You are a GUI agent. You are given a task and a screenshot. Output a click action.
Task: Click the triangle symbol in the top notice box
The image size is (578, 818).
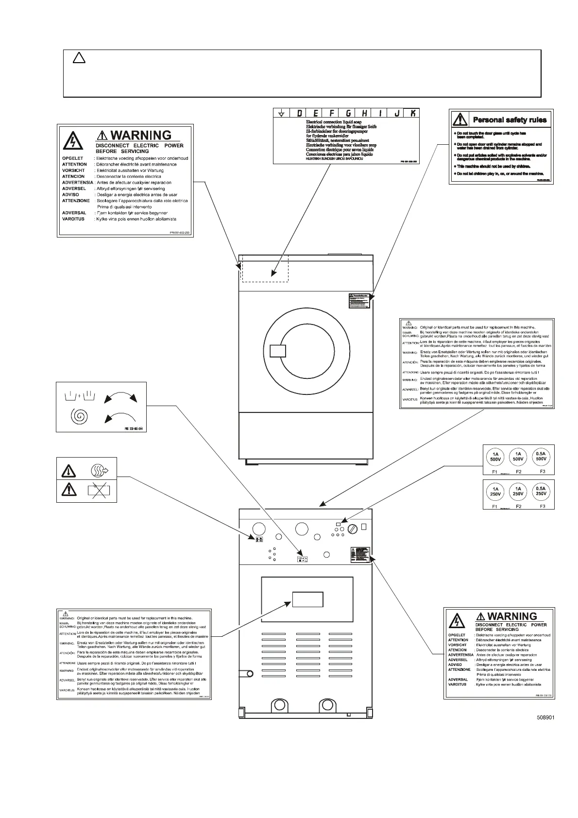(x=79, y=58)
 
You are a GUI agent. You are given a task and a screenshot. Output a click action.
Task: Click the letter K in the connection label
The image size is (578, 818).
(x=412, y=114)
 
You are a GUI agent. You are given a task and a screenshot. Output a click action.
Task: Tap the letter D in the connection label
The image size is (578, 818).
(x=299, y=114)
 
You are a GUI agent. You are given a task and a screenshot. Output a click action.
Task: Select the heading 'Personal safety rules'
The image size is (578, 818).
(x=510, y=120)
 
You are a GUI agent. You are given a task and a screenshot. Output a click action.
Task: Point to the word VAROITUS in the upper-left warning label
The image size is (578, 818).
(x=73, y=219)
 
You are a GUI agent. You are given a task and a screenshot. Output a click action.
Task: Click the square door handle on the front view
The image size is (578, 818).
(x=277, y=351)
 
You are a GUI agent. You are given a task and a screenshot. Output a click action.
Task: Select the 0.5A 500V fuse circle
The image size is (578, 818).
(x=541, y=456)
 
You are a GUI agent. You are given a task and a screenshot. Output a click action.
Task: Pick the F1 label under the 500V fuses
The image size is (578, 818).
(x=495, y=472)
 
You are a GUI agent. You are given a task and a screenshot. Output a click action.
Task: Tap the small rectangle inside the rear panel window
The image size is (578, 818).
(x=307, y=599)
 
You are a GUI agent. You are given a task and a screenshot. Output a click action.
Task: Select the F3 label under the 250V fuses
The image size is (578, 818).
(x=543, y=506)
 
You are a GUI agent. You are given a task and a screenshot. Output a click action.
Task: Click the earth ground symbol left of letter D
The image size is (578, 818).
(x=281, y=114)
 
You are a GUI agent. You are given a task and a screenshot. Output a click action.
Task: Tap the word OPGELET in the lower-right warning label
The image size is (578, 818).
(x=457, y=635)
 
